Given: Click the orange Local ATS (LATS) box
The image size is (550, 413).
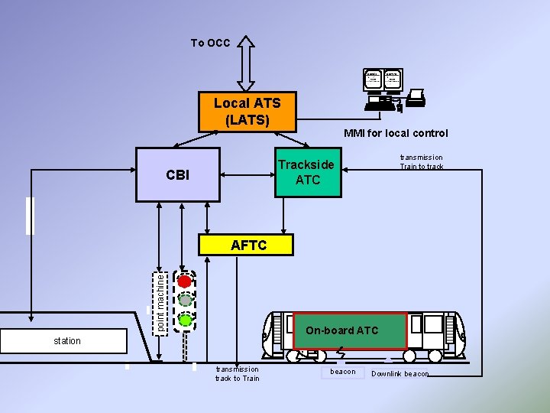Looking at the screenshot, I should pos(247,111).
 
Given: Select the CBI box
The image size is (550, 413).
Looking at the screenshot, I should pos(177,175).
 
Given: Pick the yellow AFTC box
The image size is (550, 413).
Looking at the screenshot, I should pos(248,245).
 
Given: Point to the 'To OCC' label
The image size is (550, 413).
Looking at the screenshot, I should pos(210,44).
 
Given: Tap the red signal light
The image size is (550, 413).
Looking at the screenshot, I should pos(184,281).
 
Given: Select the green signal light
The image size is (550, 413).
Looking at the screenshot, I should pos(184,319).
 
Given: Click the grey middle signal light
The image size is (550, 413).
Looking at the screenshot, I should pos(184,301).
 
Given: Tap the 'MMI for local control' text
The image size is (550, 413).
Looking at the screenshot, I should pos(396,133).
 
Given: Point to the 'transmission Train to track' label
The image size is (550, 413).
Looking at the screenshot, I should pos(421,162).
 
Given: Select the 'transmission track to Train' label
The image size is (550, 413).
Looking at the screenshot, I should pos(237,373).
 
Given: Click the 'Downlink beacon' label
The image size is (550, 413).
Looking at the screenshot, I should pos(400,374).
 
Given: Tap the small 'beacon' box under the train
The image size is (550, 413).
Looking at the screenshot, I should pos(342,372).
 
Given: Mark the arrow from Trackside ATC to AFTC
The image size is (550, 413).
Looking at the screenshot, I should pos(283,216).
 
